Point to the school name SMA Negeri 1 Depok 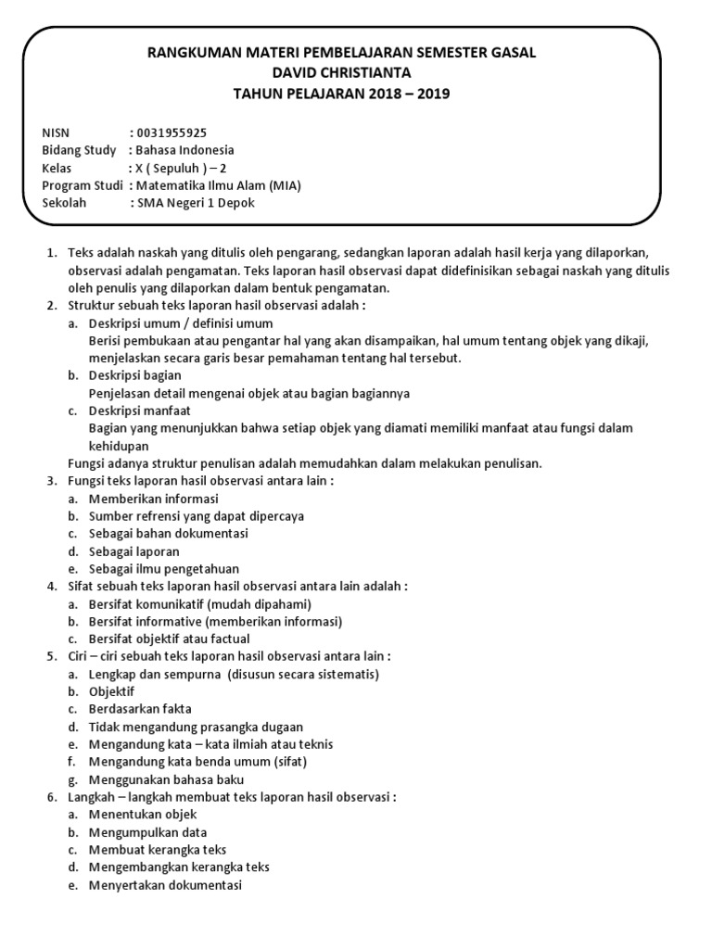coord(196,203)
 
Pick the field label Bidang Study coord(80,150)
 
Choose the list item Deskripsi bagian coord(135,375)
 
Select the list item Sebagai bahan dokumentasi coord(169,534)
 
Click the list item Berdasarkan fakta coord(140,709)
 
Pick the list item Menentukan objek coord(143,815)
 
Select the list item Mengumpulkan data coord(147,832)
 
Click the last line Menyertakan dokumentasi coord(165,885)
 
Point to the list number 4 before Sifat coord(51,587)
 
